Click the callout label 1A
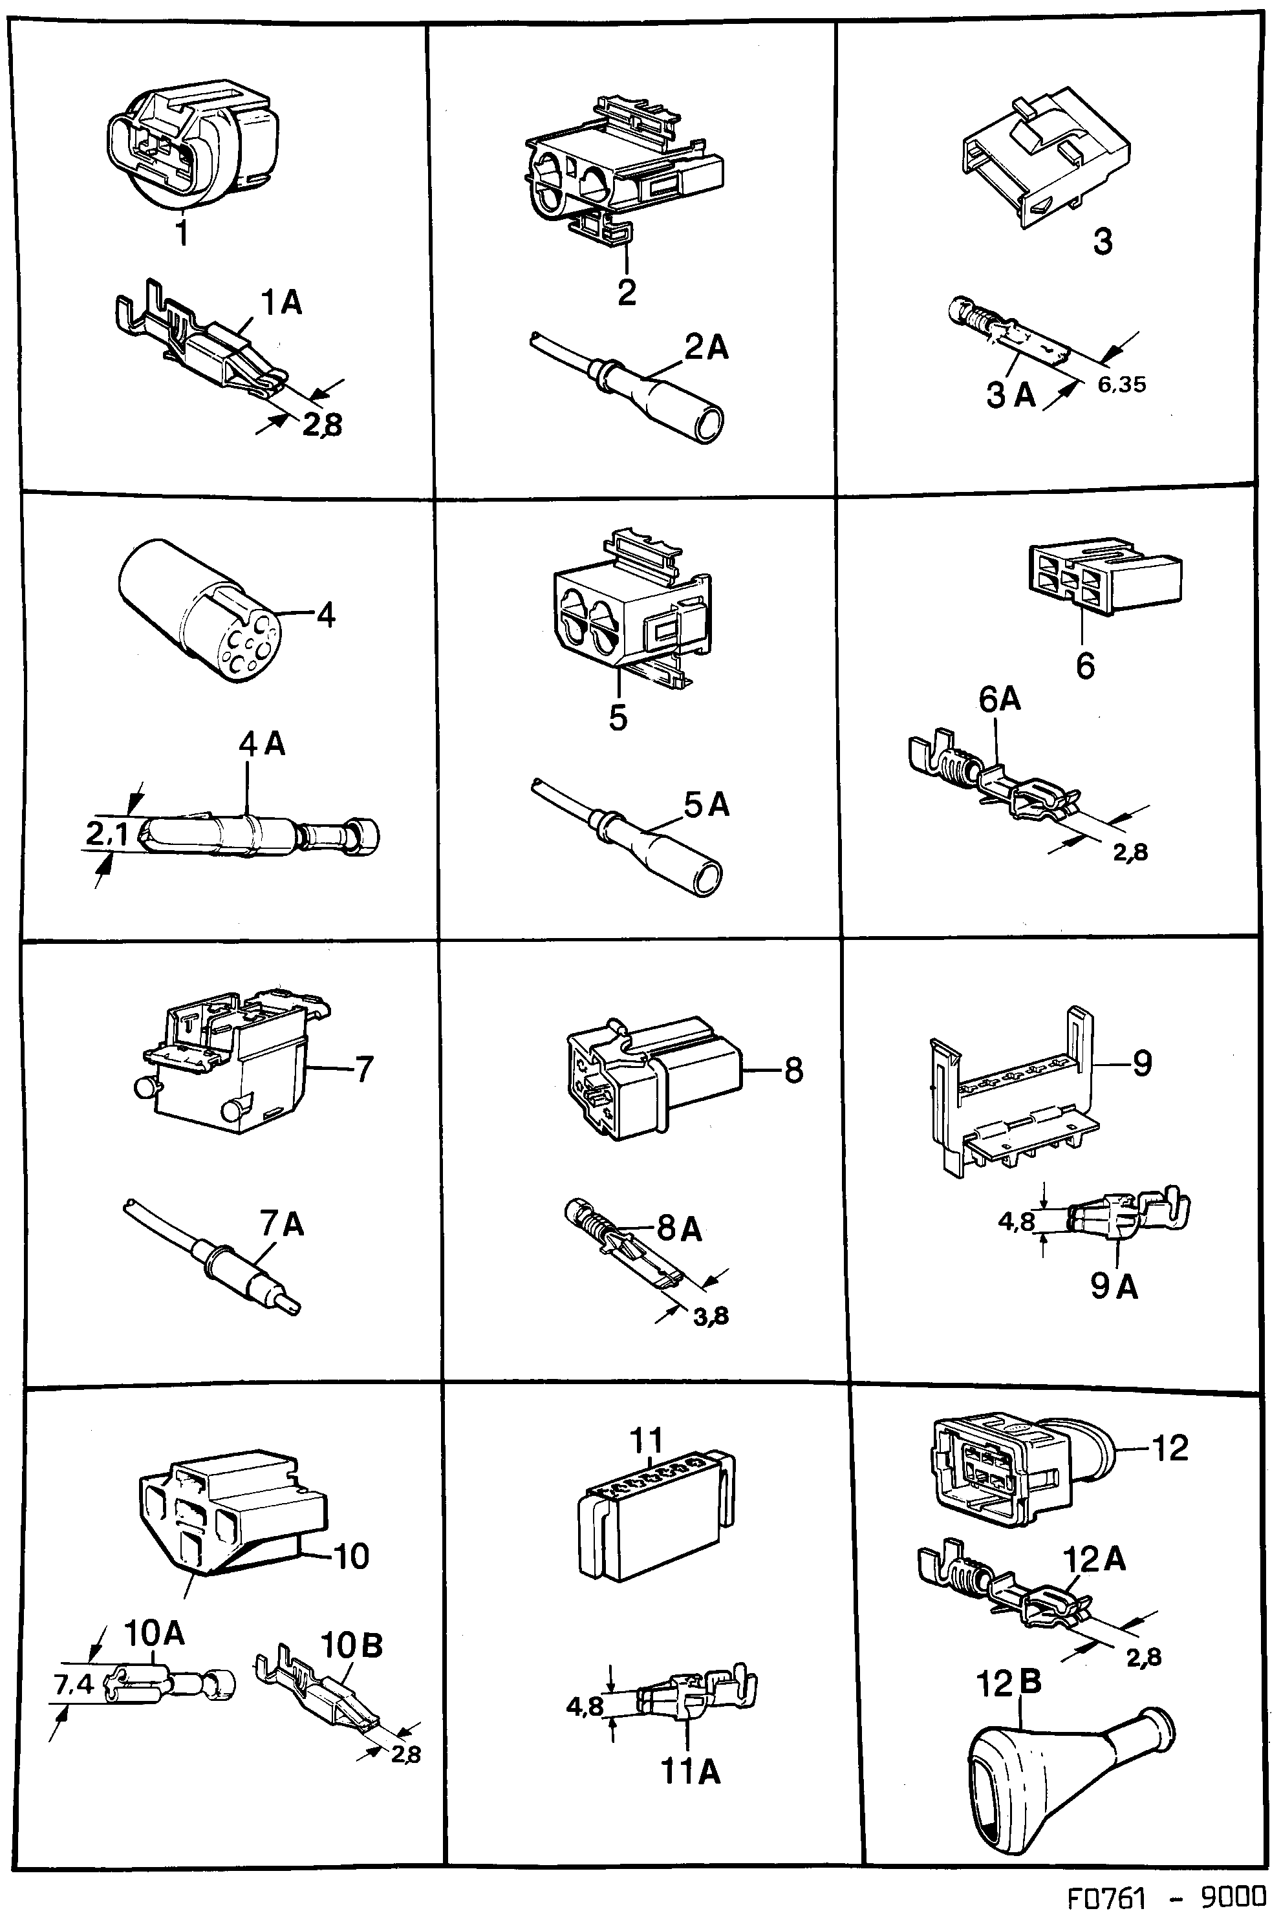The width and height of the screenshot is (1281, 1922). (x=281, y=303)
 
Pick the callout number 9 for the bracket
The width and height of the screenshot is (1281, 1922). (x=1141, y=1063)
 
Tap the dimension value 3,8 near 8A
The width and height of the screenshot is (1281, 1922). (x=711, y=1315)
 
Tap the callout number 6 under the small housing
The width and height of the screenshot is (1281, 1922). (x=1085, y=666)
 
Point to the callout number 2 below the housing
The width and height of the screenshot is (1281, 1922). (x=627, y=292)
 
